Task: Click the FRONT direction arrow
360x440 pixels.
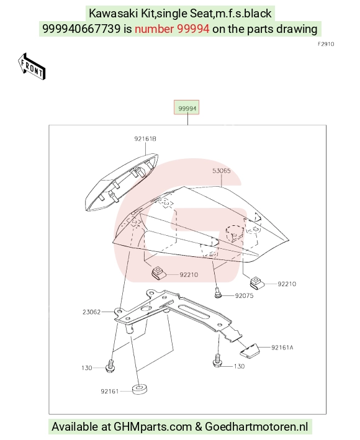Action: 32,66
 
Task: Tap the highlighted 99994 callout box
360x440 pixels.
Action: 186,107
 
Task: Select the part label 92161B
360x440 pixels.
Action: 145,138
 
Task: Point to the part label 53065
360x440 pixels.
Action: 222,171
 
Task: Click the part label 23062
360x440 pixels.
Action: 91,312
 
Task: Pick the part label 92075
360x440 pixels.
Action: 244,296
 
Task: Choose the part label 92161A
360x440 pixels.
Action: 282,348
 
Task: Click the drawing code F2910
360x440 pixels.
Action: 326,44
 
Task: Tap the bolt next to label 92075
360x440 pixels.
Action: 218,292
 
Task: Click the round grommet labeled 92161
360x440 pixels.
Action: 140,389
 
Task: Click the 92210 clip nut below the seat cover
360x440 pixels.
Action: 159,273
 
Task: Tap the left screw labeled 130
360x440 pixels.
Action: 110,366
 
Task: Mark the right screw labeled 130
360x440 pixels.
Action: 217,361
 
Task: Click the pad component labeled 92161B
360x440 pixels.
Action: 121,182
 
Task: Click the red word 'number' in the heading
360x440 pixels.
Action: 154,29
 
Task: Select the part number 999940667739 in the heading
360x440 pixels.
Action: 81,29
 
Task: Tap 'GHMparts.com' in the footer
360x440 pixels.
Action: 153,427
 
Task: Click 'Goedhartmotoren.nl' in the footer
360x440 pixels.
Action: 257,427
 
